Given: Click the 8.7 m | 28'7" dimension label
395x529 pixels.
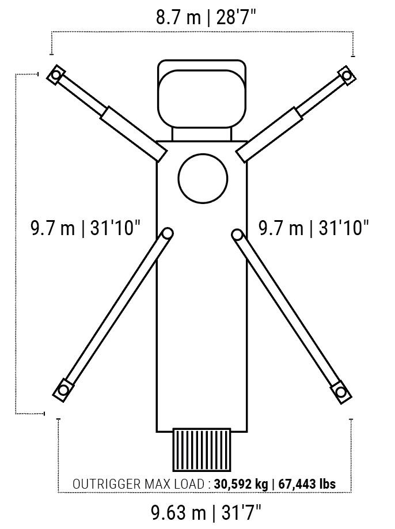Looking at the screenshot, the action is tap(206, 17).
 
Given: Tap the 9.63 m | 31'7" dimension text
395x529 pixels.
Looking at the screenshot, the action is tap(206, 513).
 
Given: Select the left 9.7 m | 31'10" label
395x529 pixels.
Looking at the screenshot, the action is tap(86, 228).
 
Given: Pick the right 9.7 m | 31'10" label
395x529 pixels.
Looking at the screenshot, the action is tap(314, 228).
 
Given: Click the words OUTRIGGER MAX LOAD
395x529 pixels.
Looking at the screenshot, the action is tap(138, 484).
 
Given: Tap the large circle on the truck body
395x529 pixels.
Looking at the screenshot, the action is tap(203, 179).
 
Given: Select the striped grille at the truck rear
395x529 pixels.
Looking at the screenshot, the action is tap(202, 449).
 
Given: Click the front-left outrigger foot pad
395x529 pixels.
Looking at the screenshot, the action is tap(56, 75).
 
